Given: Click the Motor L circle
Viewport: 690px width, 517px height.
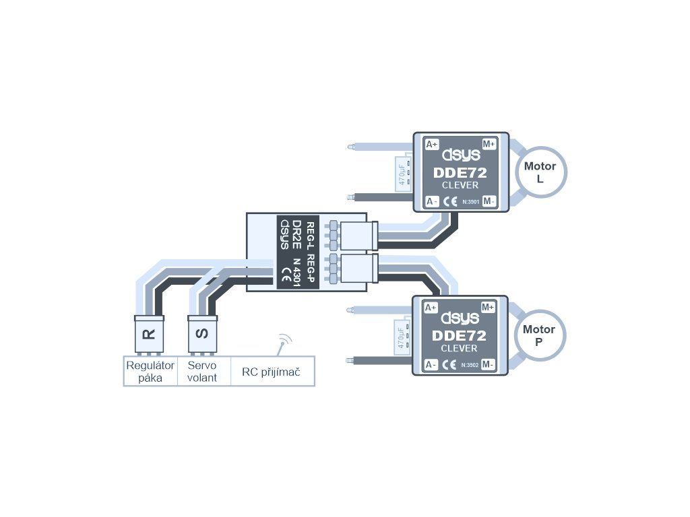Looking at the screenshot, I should point(540,172).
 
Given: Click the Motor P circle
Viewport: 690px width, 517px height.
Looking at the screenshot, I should point(538,335).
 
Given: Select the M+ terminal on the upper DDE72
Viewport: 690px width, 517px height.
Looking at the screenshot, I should point(489,144).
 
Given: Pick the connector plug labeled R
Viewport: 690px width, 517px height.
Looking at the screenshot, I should point(149,333).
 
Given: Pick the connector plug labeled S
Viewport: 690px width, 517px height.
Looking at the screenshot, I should point(202,333).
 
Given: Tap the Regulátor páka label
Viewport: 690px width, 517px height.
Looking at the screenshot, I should point(150,371).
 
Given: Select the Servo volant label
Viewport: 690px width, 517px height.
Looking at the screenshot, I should point(202,371).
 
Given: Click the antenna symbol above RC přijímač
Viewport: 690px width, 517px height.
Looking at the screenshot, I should point(284,342).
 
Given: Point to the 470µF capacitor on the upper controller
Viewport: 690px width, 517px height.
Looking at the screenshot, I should point(402,173).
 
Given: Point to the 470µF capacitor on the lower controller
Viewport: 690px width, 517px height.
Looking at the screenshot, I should point(402,336).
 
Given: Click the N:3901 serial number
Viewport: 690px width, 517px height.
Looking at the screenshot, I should point(471,201).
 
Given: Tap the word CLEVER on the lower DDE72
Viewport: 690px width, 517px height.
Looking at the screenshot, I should point(460,348).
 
